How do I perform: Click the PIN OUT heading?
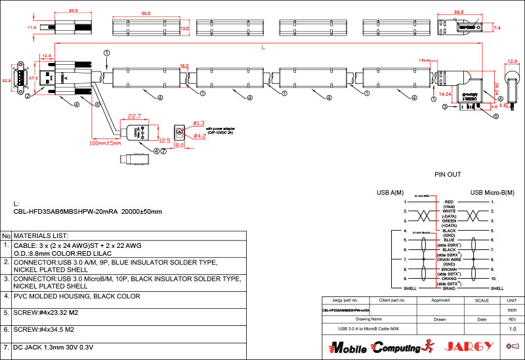(x=448, y=175)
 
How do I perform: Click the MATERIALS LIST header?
(x=41, y=235)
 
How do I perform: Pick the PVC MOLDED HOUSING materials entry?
(x=76, y=296)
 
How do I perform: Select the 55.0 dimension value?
(x=146, y=13)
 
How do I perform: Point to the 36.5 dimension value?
(x=459, y=12)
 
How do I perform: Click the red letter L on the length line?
(x=263, y=47)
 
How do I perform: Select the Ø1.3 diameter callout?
(x=199, y=123)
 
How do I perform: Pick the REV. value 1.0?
(x=512, y=328)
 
